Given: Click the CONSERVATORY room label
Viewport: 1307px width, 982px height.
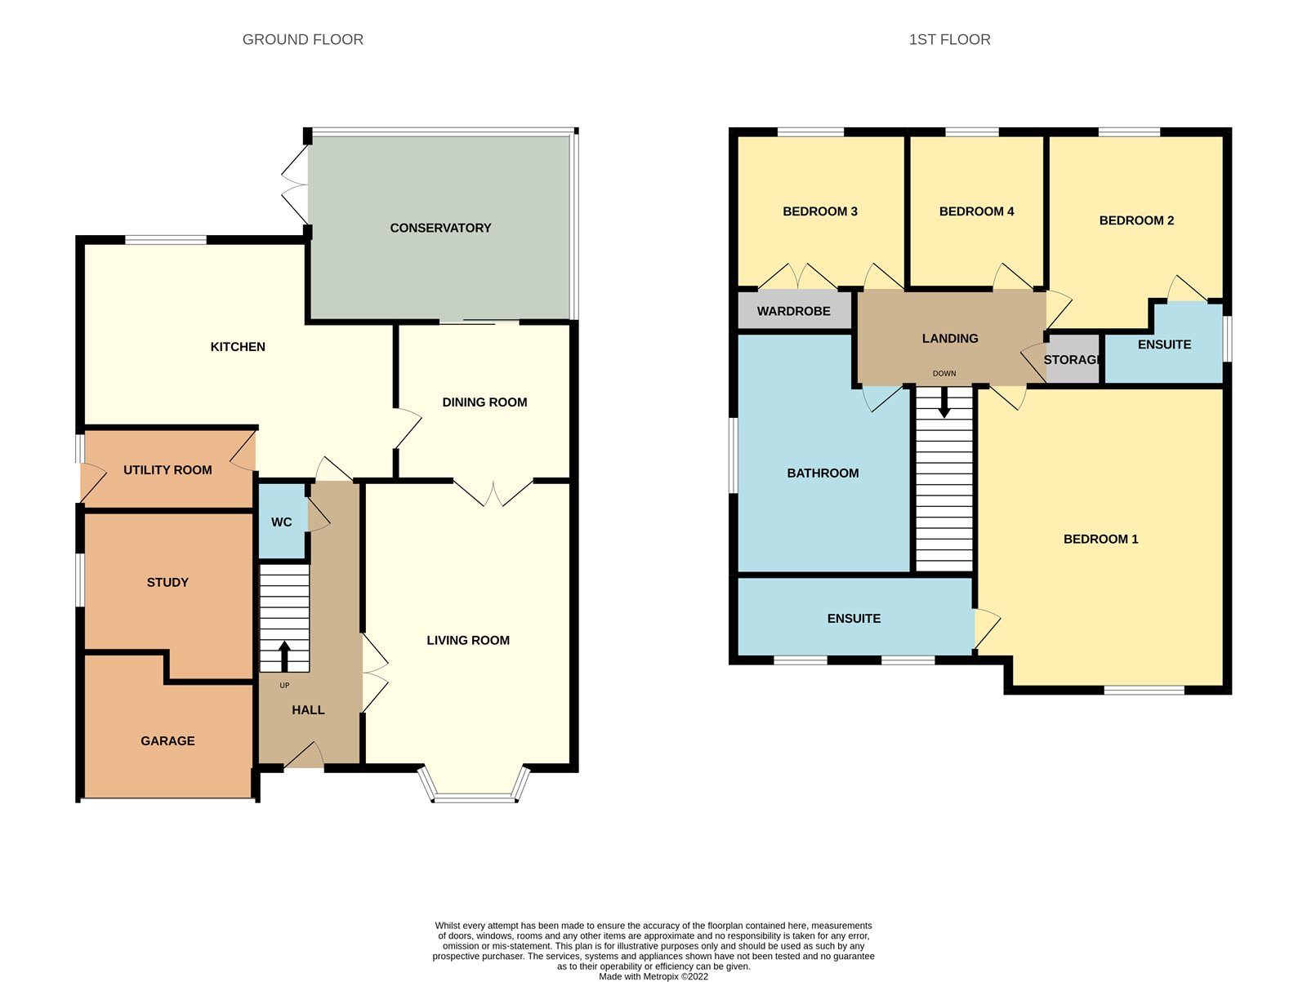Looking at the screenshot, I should point(440,228).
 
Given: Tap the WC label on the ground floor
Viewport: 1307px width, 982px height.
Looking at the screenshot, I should point(282,522).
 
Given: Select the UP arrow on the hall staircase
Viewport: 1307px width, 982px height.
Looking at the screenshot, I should point(284,655).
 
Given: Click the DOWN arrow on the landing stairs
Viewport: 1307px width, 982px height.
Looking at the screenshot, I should point(944,402).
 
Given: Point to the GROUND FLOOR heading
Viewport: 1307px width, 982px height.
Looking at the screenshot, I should point(303,39).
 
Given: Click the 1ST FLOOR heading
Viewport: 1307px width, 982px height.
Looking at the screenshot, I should point(949,39).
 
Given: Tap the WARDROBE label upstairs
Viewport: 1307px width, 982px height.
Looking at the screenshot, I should point(793,311).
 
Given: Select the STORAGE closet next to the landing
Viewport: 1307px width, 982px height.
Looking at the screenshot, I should point(1073,360).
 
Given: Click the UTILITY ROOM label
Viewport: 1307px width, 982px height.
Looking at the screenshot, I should point(167,470).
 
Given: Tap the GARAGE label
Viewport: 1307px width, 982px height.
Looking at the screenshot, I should point(167,741).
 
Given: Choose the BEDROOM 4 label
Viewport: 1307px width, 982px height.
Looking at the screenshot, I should point(976,211).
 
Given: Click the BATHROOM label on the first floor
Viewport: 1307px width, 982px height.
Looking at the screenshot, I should point(823,473).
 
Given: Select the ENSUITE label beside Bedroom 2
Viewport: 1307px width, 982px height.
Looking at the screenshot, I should point(1164,344).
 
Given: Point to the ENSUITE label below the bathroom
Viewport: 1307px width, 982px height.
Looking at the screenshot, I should point(854,619).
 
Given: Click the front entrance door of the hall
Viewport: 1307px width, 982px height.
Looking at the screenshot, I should point(304,757).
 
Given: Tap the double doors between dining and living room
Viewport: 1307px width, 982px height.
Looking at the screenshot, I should point(493,492).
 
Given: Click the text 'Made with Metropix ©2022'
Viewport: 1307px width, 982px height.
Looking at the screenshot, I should point(653,976).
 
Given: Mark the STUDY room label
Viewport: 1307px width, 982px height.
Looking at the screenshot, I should point(167,583).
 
